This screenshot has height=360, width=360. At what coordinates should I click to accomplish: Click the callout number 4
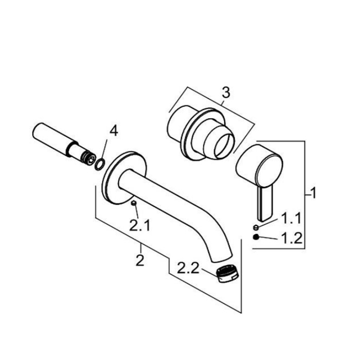[114, 131]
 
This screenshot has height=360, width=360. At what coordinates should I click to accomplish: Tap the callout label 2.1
[139, 225]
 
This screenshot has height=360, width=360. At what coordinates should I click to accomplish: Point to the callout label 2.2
[188, 268]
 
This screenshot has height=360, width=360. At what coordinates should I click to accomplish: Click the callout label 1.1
[291, 218]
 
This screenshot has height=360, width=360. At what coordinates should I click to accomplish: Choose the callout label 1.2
[292, 238]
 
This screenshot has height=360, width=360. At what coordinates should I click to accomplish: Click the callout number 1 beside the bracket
[313, 193]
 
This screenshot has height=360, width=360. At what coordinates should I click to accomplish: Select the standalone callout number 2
[140, 260]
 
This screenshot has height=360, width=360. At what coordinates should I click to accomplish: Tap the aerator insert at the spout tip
[228, 274]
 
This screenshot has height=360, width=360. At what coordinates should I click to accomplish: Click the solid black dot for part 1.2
[256, 237]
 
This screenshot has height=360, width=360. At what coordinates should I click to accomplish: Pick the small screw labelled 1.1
[256, 227]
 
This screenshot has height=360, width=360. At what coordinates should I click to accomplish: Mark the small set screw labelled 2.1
[134, 203]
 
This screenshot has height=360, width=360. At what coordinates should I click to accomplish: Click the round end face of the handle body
[269, 170]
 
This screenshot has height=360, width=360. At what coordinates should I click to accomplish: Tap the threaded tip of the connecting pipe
[88, 158]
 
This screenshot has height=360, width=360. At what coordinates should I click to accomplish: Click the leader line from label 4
[103, 149]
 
